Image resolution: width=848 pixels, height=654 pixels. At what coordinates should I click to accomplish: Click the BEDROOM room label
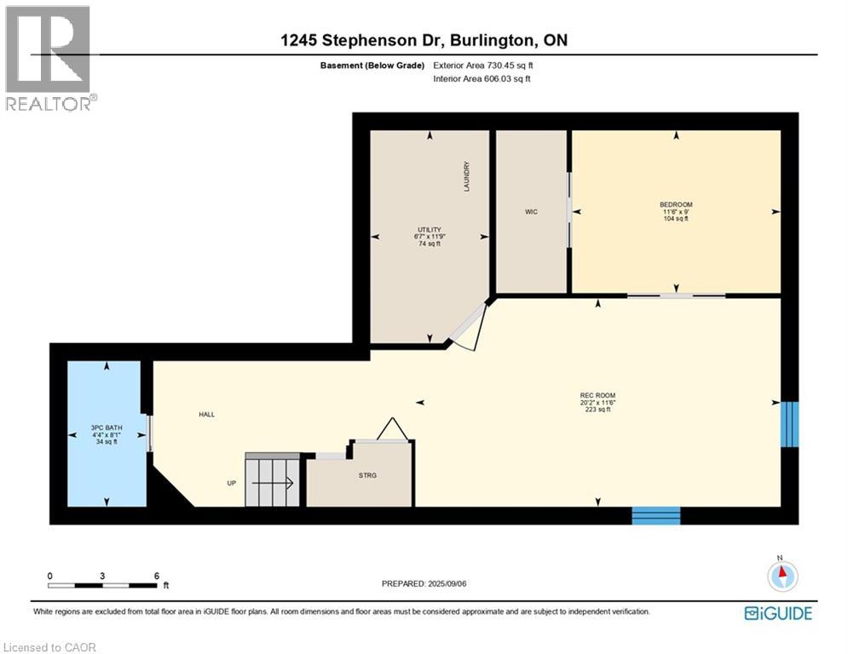pos(676,204)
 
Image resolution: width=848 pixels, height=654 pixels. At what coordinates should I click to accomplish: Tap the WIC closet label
pos(532,211)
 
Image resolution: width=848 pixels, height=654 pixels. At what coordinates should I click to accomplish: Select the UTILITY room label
pos(429,229)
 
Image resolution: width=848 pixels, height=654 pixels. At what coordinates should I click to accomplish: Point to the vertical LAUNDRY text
pos(466,177)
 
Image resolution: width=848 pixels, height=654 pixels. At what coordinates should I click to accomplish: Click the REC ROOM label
pos(597,395)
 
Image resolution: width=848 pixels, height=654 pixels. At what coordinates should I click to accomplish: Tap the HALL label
pos(207,415)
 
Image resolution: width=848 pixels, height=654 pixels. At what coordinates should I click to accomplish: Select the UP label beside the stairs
pos(231,484)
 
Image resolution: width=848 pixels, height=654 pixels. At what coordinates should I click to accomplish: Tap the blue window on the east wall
pos(790,424)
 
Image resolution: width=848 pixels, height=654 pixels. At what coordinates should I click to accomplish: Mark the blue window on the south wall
pos(655,515)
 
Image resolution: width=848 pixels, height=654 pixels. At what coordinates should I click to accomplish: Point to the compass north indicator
pos(781,576)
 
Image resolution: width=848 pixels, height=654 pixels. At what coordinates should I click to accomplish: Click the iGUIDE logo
pos(777,613)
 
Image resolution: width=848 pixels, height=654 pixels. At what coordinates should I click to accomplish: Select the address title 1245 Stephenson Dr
pos(424,39)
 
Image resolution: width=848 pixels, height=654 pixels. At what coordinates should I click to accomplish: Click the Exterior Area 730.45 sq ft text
pos(487,65)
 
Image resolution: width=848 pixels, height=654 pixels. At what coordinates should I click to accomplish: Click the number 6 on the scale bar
pos(155,576)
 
